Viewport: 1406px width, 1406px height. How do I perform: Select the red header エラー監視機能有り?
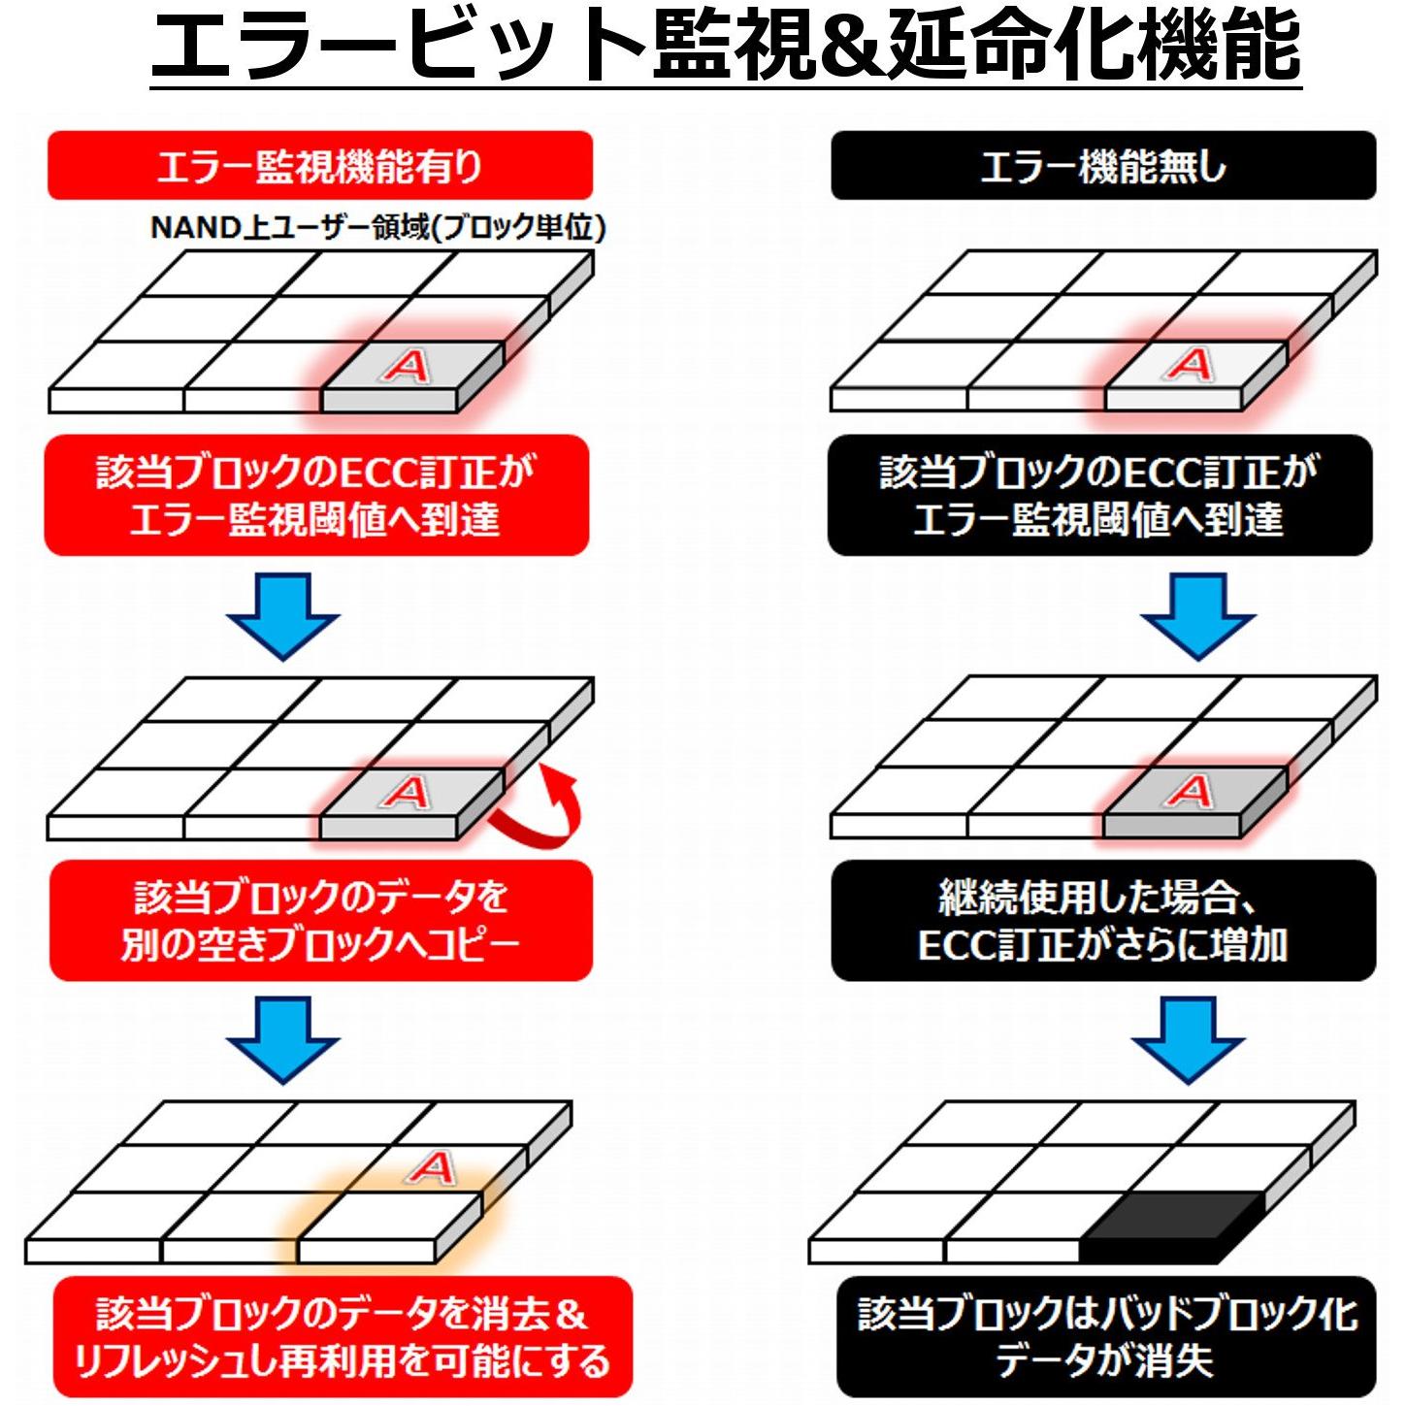tap(319, 166)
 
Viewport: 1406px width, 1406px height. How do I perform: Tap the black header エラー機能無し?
tap(1103, 166)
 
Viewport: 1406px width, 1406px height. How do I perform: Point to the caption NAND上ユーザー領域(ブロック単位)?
tap(378, 227)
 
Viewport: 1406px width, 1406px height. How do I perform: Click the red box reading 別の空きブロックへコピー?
tap(320, 920)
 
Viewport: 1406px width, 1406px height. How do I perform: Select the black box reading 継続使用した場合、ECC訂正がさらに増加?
tap(1103, 920)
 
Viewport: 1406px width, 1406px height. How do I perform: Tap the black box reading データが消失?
tap(1106, 1337)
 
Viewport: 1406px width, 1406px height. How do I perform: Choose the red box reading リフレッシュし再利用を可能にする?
tap(342, 1337)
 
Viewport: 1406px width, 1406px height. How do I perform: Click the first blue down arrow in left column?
tap(282, 615)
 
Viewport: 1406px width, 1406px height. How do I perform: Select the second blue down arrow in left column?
tap(282, 1038)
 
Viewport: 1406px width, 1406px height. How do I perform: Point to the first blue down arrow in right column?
tap(1197, 615)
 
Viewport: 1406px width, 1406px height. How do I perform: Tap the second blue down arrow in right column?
tap(1188, 1038)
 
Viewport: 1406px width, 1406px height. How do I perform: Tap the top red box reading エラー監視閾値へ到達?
tap(316, 495)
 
